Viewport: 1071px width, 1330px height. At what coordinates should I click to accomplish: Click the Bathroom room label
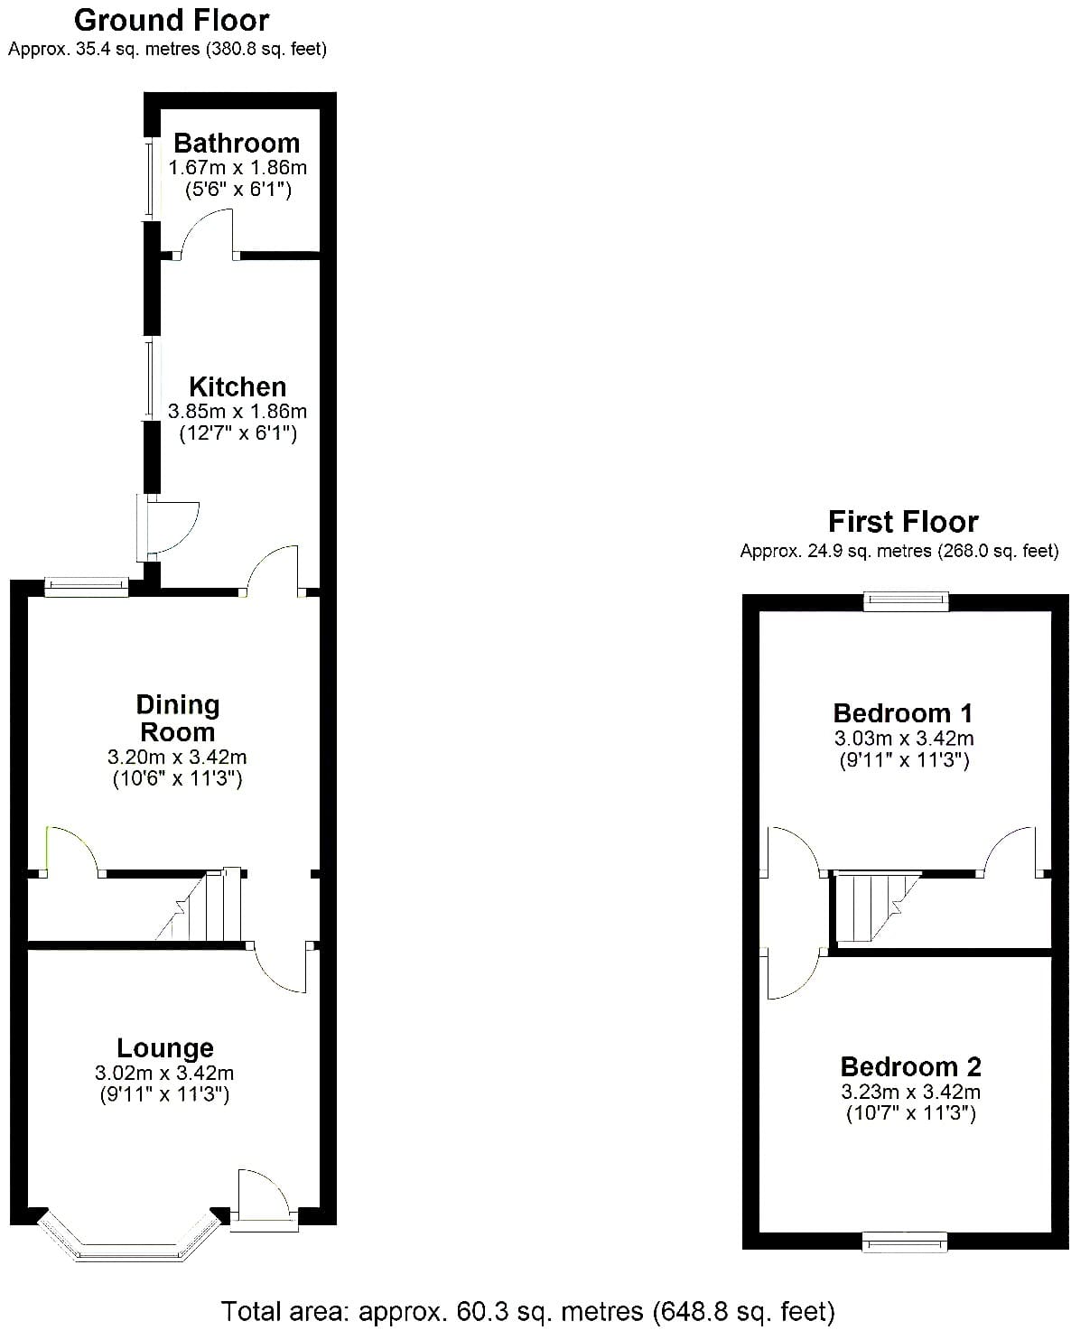tap(237, 143)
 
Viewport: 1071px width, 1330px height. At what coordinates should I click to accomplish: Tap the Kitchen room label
tap(237, 386)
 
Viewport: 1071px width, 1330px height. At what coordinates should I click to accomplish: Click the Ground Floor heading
tap(172, 21)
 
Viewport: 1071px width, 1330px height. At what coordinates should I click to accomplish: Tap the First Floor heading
tap(903, 522)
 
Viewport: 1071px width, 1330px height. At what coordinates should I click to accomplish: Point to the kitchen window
tap(150, 378)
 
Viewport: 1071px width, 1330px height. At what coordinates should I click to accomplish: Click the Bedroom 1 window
tap(906, 600)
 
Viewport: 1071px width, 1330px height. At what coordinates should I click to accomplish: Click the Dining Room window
tap(87, 587)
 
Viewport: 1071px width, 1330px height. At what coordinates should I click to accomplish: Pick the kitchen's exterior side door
tap(167, 528)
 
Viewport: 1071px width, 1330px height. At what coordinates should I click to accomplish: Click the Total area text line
tap(527, 1311)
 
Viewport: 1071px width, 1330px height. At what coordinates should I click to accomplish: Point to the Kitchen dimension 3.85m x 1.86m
tap(237, 411)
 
